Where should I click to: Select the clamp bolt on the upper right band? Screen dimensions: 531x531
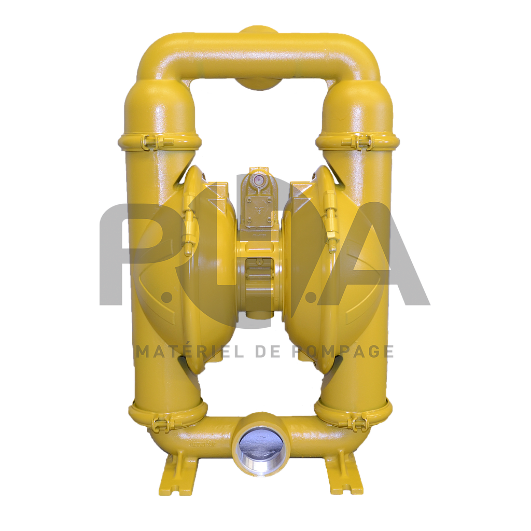tap(362, 141)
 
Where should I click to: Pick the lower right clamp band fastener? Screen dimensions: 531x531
tap(357, 423)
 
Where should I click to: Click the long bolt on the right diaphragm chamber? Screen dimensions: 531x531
tap(330, 223)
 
